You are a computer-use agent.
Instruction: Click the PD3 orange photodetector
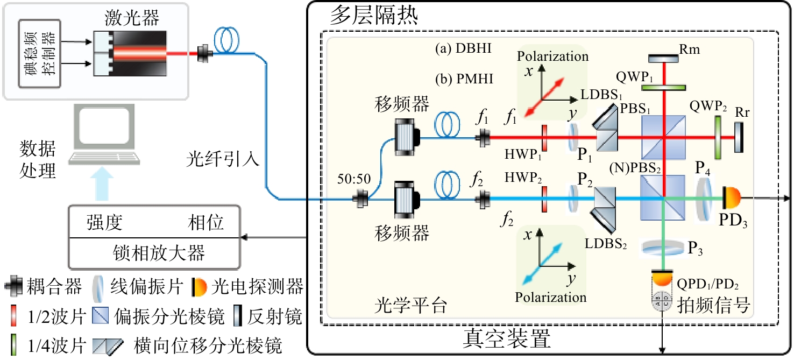733,199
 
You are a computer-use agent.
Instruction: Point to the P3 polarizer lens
662,248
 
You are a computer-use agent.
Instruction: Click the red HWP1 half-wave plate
544,138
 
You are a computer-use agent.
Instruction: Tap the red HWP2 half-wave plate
544,199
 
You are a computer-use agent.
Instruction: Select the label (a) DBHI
460,49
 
